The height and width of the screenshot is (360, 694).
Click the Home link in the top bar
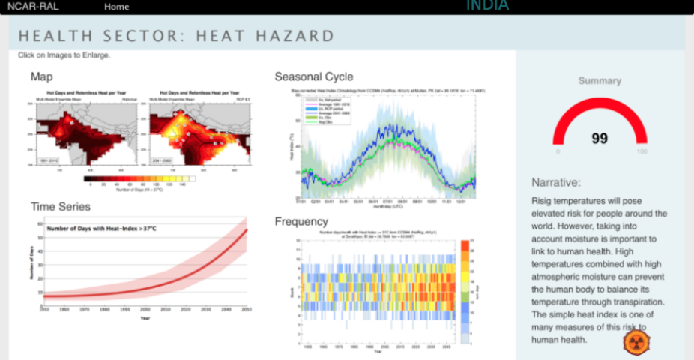pyautogui.click(x=116, y=7)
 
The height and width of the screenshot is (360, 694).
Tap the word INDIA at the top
pyautogui.click(x=487, y=6)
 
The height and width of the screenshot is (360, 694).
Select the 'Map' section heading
pyautogui.click(x=41, y=76)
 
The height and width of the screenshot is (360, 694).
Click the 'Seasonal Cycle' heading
pyautogui.click(x=314, y=76)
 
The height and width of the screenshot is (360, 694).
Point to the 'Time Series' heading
pyautogui.click(x=61, y=206)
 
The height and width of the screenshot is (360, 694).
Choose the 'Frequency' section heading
pyautogui.click(x=301, y=221)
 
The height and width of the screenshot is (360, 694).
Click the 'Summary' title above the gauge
pyautogui.click(x=600, y=80)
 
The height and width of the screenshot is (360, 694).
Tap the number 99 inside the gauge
pyautogui.click(x=600, y=138)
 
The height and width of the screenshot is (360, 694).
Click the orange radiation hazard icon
pyautogui.click(x=636, y=341)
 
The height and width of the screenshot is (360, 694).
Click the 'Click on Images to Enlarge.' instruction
pyautogui.click(x=64, y=55)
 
